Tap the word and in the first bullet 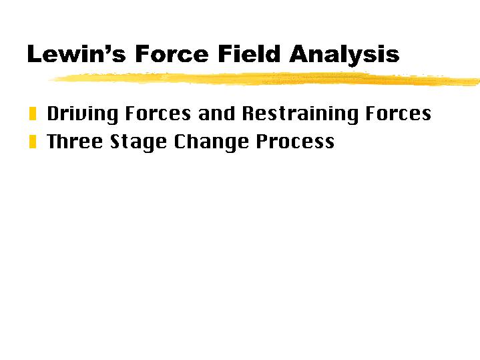(x=217, y=114)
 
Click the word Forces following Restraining (x=399, y=114)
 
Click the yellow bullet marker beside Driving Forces (x=33, y=114)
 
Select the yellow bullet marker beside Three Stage (x=33, y=142)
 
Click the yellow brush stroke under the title (x=267, y=78)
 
